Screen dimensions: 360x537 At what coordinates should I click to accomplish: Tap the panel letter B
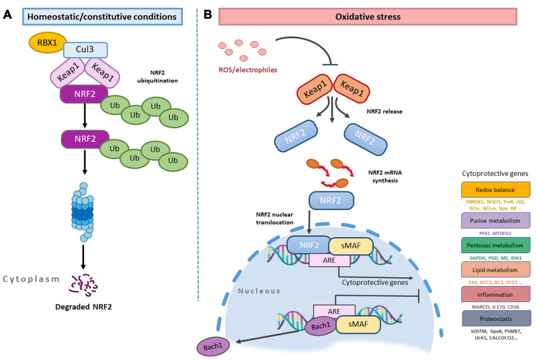click(x=208, y=13)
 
